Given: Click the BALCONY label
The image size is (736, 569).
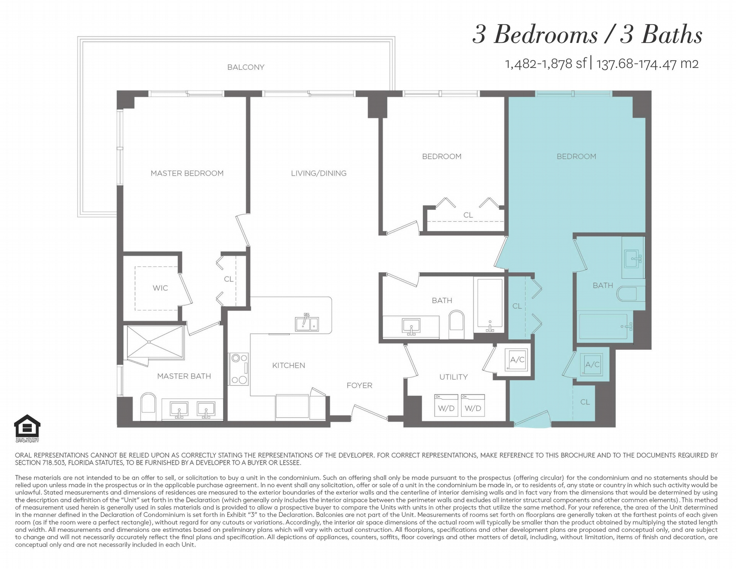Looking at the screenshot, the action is [246, 67].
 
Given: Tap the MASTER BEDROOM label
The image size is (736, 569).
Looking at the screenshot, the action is [187, 173].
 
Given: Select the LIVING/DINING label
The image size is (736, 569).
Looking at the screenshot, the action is [319, 173].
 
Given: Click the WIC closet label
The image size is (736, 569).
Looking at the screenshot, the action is [160, 288].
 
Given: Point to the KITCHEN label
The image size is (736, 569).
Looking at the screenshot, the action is [289, 365].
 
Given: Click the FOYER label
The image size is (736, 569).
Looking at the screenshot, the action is [359, 385].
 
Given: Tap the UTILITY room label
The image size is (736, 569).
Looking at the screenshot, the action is [453, 377].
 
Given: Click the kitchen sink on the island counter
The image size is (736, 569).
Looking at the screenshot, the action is [307, 324].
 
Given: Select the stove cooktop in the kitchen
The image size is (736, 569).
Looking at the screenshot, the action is [239, 369].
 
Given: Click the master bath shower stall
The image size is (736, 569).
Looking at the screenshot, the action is [155, 342].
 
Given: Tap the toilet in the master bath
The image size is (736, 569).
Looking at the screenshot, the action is [149, 407].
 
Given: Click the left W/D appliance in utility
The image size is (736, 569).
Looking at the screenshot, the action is [446, 406].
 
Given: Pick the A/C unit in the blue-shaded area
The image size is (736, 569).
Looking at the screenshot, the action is [592, 364].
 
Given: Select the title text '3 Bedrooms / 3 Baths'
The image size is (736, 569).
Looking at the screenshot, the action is [587, 35].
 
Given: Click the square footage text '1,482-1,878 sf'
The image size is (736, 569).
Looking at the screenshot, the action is [546, 64].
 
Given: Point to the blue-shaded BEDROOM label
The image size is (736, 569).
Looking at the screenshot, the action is [576, 156].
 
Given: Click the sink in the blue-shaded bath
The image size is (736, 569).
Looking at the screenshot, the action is [634, 258].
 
